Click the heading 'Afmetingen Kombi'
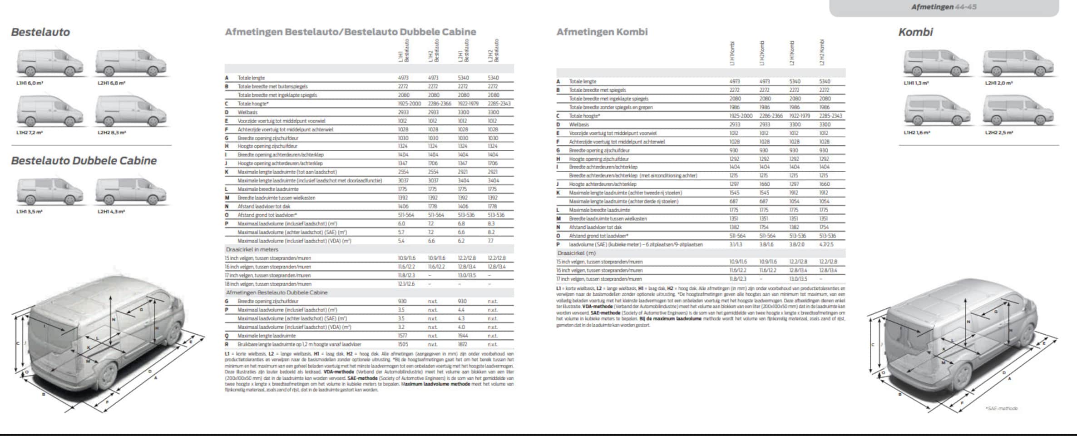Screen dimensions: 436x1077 602,32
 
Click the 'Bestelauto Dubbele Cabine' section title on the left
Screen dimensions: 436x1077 84,161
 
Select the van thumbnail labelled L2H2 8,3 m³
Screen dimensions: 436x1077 131,112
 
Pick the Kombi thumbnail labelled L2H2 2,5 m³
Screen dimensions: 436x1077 1018,111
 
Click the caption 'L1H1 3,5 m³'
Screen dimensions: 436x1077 30,212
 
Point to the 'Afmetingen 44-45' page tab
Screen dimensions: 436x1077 944,7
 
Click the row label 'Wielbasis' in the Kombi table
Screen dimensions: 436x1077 579,124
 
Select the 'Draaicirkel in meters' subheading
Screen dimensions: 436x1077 252,249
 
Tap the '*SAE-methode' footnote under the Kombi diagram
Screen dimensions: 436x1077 1001,408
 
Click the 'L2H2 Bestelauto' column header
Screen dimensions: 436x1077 493,51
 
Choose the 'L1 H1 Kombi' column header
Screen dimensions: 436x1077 732,54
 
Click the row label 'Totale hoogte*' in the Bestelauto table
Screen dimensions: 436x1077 253,104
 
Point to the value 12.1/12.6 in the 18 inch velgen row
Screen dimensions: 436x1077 406,284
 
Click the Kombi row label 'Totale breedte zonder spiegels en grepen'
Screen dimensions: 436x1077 611,107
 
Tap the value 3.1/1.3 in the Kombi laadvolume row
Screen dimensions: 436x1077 736,244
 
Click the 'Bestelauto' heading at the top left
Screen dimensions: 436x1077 40,32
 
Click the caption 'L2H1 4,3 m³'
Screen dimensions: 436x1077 111,212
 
